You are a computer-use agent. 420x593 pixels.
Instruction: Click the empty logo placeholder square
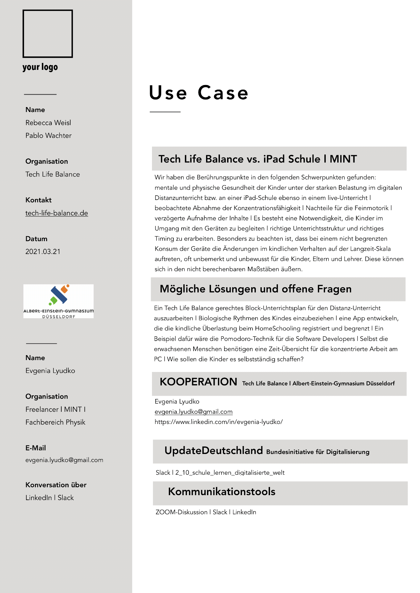(x=47, y=34)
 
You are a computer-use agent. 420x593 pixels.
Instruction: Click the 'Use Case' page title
(x=198, y=93)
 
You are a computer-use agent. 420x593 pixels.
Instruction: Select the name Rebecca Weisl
(x=48, y=123)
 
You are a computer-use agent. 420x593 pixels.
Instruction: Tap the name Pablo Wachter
(x=48, y=136)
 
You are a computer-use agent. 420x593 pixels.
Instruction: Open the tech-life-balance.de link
(x=57, y=213)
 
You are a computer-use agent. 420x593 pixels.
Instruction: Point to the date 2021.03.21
(x=43, y=252)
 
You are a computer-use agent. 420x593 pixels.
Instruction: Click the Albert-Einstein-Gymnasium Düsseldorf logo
(x=58, y=301)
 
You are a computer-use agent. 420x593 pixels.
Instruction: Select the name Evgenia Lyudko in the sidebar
(x=50, y=371)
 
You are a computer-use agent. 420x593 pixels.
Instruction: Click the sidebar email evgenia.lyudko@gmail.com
(x=64, y=460)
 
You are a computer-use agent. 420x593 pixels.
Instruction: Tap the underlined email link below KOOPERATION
(x=194, y=412)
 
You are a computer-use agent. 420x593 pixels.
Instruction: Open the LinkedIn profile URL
(x=219, y=422)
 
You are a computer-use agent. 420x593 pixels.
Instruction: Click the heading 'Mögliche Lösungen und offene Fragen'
(x=255, y=289)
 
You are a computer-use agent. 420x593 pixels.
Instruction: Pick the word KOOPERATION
(x=198, y=382)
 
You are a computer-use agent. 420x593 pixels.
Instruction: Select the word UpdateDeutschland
(x=214, y=451)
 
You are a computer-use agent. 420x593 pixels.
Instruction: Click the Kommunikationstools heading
(x=222, y=492)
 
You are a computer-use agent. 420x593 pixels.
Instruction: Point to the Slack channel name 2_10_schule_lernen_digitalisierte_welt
(x=230, y=473)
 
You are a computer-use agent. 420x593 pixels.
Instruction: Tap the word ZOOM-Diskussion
(x=181, y=512)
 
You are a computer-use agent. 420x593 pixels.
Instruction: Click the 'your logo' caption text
(x=40, y=67)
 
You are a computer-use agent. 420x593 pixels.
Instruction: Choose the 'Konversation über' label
(x=56, y=485)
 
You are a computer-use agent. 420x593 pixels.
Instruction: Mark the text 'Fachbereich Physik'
(x=55, y=422)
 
